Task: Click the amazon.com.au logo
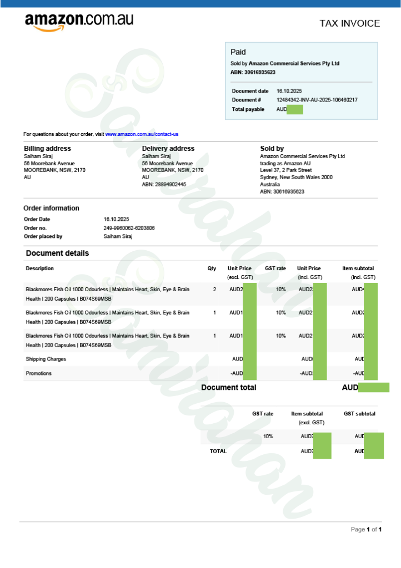point(79,22)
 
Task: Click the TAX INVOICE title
point(349,23)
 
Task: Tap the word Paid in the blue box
point(238,52)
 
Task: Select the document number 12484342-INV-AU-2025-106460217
point(317,100)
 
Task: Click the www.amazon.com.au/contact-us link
point(142,134)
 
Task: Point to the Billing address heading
point(47,149)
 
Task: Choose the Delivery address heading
point(168,149)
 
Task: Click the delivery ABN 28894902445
point(164,184)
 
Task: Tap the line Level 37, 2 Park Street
point(285,170)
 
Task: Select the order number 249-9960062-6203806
point(129,228)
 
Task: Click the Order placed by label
point(43,236)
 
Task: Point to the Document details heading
point(57,253)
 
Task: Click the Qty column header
point(212,268)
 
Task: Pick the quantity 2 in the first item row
point(214,290)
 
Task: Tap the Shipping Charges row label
point(46,359)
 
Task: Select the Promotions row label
point(38,373)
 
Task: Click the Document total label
point(228,388)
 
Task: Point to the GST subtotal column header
point(359,414)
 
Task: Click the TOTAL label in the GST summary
point(218,452)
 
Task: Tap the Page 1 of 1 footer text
point(366,530)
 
